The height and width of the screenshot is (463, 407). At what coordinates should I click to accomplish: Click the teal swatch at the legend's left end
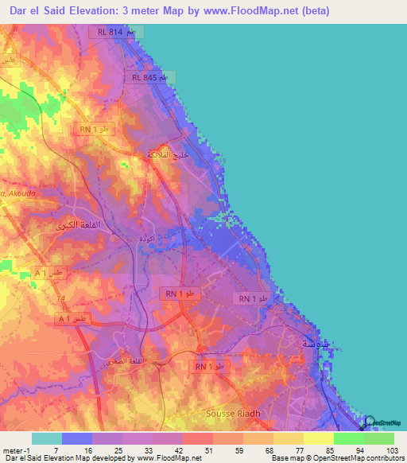(46, 438)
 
